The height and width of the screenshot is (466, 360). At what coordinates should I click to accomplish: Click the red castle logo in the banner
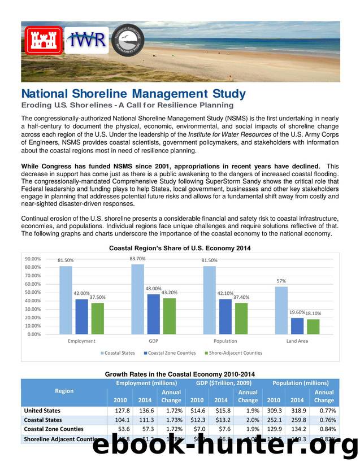click(43, 40)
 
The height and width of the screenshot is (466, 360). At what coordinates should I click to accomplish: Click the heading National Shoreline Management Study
click(133, 94)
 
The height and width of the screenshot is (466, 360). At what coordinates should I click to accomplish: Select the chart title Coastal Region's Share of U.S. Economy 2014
click(180, 248)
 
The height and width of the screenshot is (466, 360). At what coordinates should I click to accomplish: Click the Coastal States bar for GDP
click(137, 299)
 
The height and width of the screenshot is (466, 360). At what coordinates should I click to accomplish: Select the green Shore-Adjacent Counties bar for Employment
click(98, 318)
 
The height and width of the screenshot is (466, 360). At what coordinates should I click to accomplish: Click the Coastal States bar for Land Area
click(281, 310)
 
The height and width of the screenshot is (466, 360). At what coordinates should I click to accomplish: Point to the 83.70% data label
click(137, 259)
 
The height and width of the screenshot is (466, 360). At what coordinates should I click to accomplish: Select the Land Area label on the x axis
click(297, 341)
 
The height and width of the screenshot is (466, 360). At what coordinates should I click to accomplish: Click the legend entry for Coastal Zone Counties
click(172, 353)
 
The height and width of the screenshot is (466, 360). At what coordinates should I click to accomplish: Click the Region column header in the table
click(64, 391)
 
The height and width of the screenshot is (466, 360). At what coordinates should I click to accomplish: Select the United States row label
click(42, 411)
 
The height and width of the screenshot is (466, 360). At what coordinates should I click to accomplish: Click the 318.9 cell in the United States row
click(297, 411)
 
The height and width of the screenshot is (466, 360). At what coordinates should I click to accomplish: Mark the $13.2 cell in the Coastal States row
click(220, 420)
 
